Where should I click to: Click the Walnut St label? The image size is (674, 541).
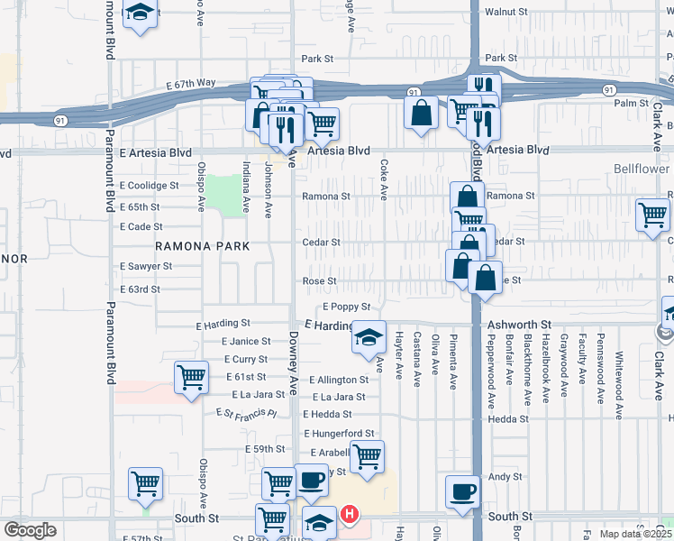[x=505, y=13]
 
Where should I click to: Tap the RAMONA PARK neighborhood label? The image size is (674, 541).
[x=201, y=245]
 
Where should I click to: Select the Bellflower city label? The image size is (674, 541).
[x=643, y=169]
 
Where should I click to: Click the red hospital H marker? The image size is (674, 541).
[x=350, y=516]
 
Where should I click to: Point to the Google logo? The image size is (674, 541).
[x=30, y=530]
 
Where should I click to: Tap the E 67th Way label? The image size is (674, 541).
[x=190, y=83]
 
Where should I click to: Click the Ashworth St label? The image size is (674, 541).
[x=519, y=325]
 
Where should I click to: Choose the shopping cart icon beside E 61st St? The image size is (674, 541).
[x=191, y=378]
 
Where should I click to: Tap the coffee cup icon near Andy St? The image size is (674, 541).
[x=463, y=491]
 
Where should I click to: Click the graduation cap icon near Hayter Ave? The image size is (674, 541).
[x=369, y=337]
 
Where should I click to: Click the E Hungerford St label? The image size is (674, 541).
[x=338, y=434]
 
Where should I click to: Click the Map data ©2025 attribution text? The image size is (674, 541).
[x=636, y=534]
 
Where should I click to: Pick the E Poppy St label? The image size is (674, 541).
[x=347, y=307]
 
